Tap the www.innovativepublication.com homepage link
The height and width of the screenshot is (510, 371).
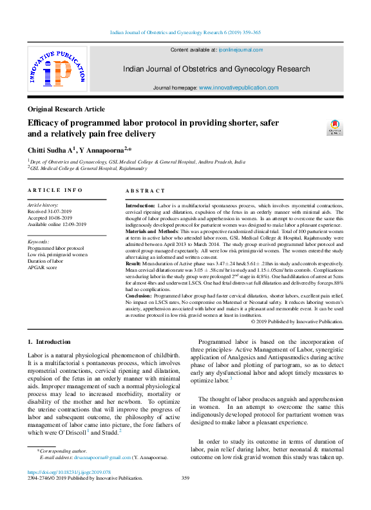[x=238, y=88]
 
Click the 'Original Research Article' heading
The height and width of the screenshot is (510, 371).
[x=66, y=109]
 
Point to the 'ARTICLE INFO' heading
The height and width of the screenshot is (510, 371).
[x=55, y=191]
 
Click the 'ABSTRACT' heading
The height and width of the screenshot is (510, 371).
[x=145, y=191]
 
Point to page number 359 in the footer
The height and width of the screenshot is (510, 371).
[x=185, y=478]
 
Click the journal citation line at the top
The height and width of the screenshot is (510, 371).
[x=185, y=31]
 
